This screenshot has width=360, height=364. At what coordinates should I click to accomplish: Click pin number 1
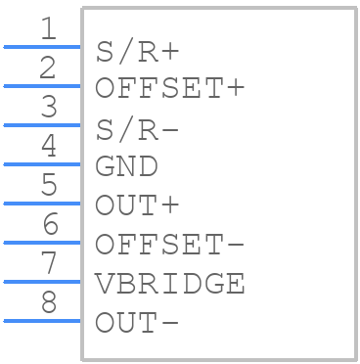(49, 28)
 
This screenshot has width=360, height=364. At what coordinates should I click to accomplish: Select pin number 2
(48, 68)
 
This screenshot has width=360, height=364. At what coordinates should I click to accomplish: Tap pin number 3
(49, 107)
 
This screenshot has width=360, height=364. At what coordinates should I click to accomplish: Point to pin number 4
(49, 146)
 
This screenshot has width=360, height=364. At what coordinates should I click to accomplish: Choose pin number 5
(49, 185)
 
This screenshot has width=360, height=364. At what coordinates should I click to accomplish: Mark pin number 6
(50, 224)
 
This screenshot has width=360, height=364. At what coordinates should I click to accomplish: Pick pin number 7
(49, 263)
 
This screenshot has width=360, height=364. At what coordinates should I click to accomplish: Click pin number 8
(49, 302)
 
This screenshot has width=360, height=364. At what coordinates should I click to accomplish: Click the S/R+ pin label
(137, 52)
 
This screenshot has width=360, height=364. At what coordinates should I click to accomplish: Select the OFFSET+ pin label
(170, 88)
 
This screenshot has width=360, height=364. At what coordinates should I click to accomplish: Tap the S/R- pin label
(137, 130)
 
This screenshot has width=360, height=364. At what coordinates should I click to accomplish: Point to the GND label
(126, 166)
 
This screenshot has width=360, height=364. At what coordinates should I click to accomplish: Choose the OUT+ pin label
(137, 205)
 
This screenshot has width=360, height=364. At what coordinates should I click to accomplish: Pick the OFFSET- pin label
(170, 245)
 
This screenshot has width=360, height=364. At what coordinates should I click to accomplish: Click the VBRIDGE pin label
(170, 284)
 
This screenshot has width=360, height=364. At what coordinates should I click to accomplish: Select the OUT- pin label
(137, 323)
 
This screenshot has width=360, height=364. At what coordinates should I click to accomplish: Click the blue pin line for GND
(42, 164)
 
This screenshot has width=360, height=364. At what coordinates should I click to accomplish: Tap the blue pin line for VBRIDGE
(42, 282)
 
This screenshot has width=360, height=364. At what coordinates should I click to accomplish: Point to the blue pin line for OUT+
(42, 204)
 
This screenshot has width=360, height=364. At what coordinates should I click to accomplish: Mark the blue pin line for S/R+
(42, 47)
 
